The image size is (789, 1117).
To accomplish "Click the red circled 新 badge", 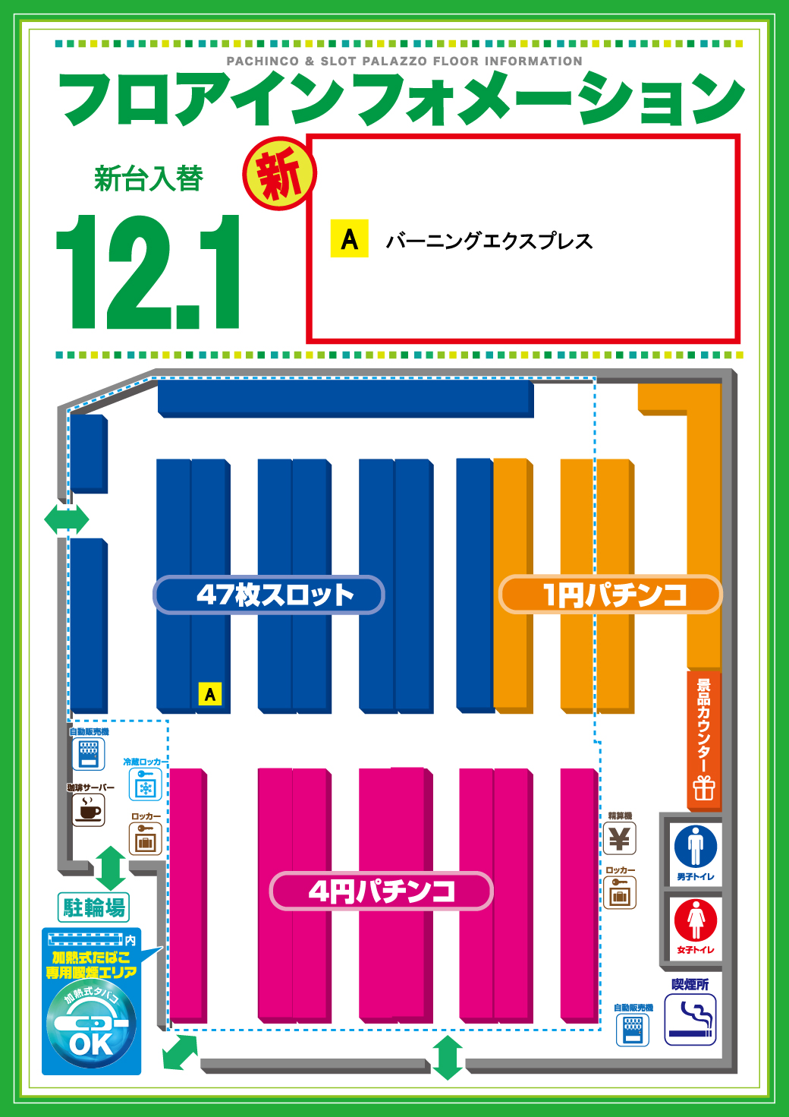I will click(278, 174).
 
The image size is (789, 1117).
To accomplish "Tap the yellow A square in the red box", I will click(349, 238).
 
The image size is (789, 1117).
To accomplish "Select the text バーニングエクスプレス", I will click(489, 241).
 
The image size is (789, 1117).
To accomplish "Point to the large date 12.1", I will click(149, 273).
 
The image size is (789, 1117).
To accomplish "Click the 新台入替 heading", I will click(149, 178).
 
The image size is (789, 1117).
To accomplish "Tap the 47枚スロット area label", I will click(269, 595).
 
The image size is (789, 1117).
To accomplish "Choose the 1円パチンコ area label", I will click(611, 595).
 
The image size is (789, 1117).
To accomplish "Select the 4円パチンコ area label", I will click(382, 891).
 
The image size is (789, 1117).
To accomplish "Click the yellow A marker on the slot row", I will click(210, 693).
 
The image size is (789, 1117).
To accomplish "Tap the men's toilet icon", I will click(696, 846).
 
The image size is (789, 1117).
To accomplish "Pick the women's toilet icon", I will click(696, 920).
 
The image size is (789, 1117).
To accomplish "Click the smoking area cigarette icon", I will click(690, 1021).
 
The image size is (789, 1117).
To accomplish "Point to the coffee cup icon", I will click(89, 810).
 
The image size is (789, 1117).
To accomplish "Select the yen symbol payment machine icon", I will click(620, 839).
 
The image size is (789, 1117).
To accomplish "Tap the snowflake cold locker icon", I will click(145, 785).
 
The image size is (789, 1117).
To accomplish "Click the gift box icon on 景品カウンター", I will click(704, 788).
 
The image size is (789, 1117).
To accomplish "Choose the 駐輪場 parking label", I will click(94, 907).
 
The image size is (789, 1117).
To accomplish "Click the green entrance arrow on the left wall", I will click(67, 520).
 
